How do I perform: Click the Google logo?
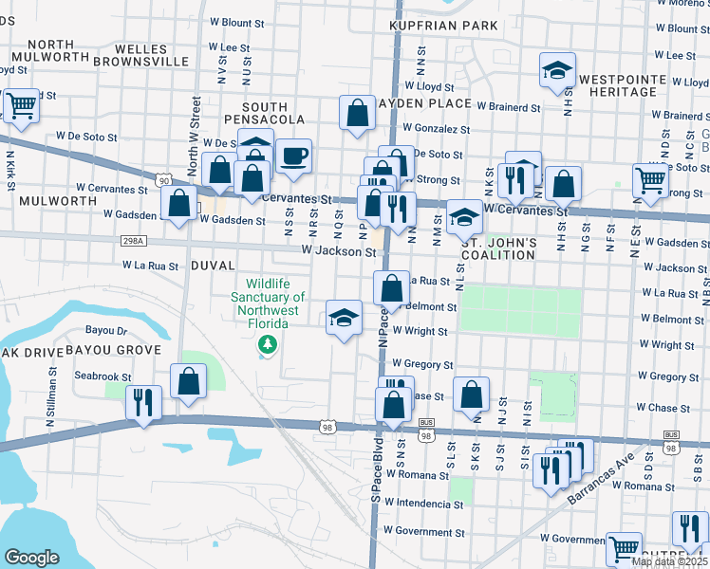[31, 558]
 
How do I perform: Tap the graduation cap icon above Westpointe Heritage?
[557, 69]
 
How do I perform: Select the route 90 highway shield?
[165, 179]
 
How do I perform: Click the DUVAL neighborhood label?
[213, 266]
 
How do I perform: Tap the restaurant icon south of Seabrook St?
[143, 401]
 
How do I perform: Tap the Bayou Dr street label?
[106, 331]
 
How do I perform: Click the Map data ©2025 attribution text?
[670, 561]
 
